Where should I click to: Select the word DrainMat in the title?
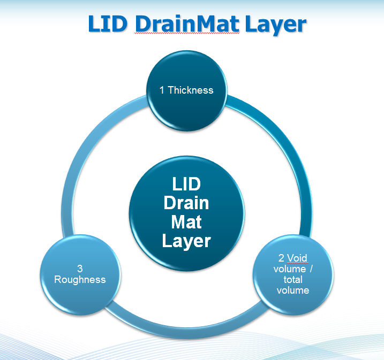(x=180, y=24)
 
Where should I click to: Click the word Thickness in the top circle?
(x=191, y=90)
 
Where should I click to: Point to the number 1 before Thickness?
(x=162, y=90)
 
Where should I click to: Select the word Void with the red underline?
(x=298, y=258)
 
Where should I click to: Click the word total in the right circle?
(x=293, y=279)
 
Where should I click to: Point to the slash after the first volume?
(x=311, y=269)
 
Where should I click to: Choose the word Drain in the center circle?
(x=186, y=203)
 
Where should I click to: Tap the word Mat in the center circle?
(x=186, y=221)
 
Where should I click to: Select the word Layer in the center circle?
(x=186, y=240)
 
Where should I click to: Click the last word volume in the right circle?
(x=293, y=290)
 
